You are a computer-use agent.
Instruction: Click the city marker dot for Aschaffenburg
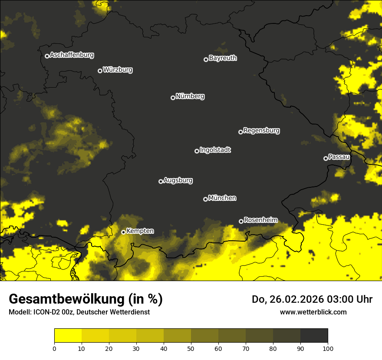[x=47, y=56]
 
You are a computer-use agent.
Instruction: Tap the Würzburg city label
[x=118, y=70]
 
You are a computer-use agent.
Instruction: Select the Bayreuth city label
[x=223, y=58]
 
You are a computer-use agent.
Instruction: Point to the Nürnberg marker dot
[x=173, y=98]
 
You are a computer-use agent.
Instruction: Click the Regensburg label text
[x=261, y=131]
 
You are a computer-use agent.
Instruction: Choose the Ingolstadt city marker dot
[x=197, y=151]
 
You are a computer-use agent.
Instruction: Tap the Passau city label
[x=339, y=157]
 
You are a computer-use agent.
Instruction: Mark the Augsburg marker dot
[x=161, y=181]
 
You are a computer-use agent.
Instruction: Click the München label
[x=222, y=198]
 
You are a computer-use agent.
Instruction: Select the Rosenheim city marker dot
[x=241, y=222]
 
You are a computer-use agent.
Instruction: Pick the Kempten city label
[x=140, y=231]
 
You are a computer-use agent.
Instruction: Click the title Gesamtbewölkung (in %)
[x=86, y=299]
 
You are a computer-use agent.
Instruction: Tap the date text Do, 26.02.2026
[x=288, y=299]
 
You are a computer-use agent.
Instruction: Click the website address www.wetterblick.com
[x=313, y=312]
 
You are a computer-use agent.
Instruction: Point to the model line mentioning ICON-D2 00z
[x=79, y=312]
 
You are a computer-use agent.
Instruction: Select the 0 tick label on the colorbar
[x=54, y=348]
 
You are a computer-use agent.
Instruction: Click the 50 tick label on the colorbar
[x=191, y=348]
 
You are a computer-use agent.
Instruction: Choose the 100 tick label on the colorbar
[x=328, y=348]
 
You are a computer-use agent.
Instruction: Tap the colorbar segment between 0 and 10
[x=68, y=336]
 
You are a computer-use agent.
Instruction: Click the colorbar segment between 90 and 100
[x=314, y=336]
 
